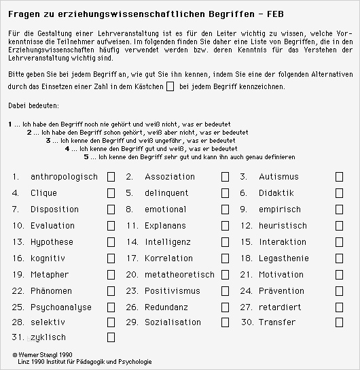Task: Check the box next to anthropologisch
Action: [111, 177]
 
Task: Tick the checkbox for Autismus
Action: [339, 177]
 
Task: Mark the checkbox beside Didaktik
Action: [339, 193]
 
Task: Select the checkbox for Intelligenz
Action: [225, 242]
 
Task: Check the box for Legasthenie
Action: [339, 258]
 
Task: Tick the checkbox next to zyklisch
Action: [111, 337]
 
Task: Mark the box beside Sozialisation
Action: [225, 322]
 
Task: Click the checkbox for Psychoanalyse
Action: [111, 307]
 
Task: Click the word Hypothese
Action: [52, 242]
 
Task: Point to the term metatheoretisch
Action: [179, 275]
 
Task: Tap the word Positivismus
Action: [173, 291]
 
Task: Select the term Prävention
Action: [281, 291]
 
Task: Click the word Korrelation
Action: [168, 258]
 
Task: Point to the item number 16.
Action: [18, 258]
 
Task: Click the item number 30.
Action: [247, 322]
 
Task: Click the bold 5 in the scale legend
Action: [87, 157]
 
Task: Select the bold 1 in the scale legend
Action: [10, 124]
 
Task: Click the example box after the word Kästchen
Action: [170, 86]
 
